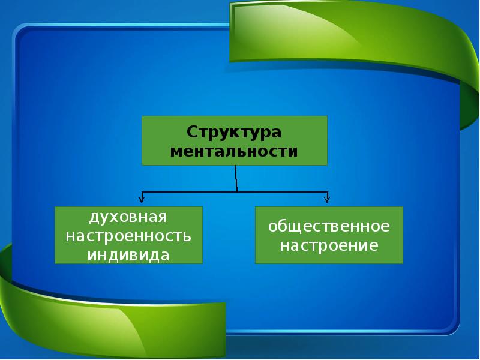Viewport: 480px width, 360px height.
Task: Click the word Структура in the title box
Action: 234,133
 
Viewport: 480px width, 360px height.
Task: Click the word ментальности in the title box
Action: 234,151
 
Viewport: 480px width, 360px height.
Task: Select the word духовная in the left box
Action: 128,218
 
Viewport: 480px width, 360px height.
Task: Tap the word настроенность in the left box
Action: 128,236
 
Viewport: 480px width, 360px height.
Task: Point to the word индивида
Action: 128,255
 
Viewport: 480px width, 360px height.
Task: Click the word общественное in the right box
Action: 329,227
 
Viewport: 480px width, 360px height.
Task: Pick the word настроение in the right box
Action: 329,245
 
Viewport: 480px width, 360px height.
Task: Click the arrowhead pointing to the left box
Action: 142,200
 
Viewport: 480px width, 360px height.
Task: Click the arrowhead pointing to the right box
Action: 327,200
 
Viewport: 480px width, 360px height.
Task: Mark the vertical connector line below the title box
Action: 236,178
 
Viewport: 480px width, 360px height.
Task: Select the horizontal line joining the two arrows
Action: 235,192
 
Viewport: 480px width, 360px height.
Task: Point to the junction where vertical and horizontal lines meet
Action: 237,192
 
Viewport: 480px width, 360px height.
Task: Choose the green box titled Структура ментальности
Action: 235,141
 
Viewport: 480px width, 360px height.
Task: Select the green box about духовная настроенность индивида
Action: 128,235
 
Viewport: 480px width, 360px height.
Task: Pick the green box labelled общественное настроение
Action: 329,235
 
